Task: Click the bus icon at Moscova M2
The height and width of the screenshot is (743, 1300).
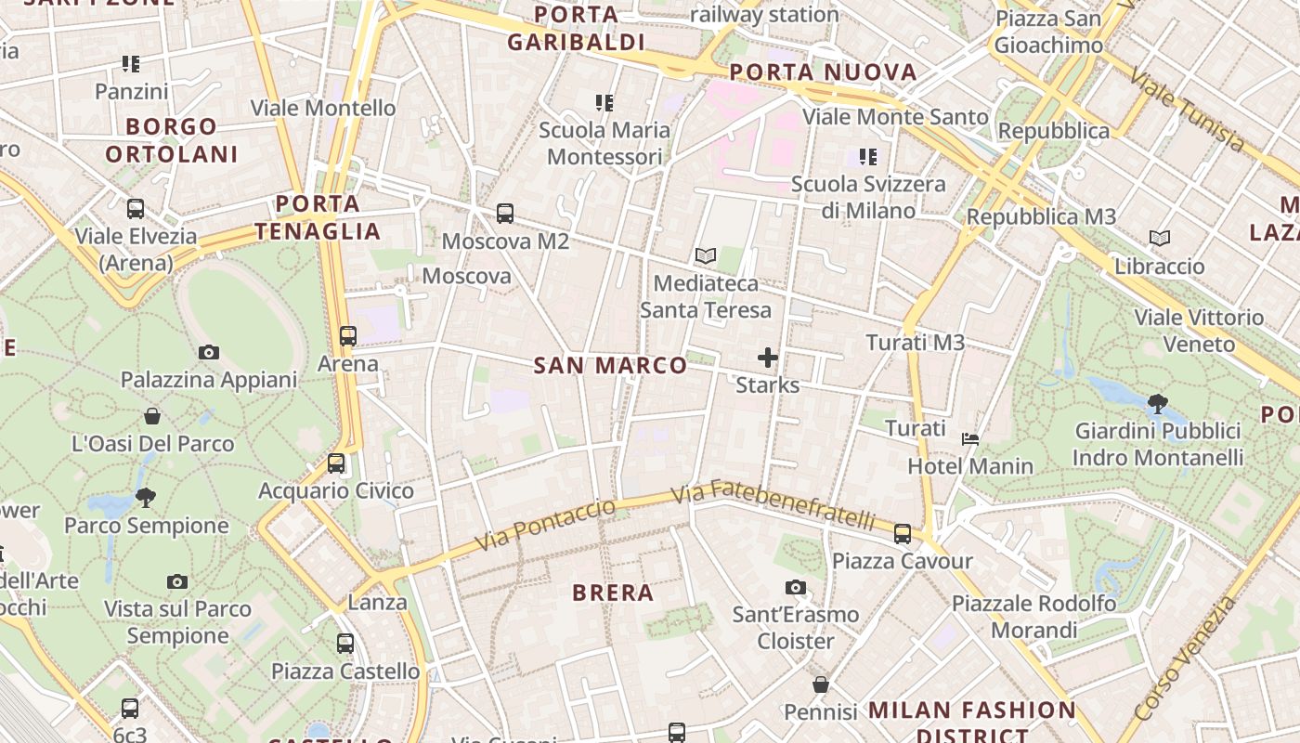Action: coord(505,214)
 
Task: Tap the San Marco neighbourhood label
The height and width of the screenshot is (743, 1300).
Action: coord(610,365)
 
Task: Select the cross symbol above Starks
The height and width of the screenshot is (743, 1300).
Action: coord(768,357)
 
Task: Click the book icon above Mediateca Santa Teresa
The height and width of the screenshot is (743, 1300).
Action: coord(706,255)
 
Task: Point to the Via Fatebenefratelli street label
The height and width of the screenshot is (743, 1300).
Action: coord(773,504)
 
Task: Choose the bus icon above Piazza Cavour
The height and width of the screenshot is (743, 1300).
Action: coord(903,533)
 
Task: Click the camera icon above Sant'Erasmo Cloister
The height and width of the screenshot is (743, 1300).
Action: coord(796,587)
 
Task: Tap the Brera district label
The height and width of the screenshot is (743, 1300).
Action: coord(613,593)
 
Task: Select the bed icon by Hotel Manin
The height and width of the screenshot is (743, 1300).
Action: coord(970,439)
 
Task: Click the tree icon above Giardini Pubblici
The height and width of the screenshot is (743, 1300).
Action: coord(1157,403)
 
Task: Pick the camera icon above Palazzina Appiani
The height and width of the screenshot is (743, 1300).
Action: coord(208,352)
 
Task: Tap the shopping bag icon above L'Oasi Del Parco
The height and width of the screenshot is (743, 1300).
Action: coord(152,416)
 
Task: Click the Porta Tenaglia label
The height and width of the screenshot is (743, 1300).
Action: coord(318,217)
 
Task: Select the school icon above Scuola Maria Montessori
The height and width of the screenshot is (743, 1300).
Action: coord(604,102)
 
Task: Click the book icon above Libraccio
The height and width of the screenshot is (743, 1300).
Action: coord(1160,239)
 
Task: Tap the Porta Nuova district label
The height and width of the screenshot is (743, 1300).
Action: coord(823,72)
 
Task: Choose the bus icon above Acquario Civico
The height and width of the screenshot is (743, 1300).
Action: coord(336,463)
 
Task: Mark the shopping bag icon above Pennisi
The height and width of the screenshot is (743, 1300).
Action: coord(821,684)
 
